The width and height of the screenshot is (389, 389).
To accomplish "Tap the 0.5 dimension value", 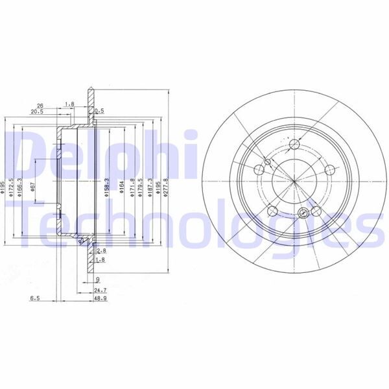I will click(99, 112).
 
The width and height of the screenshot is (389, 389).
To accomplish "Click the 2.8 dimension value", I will click(100, 250).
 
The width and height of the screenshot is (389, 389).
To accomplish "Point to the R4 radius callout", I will click(81, 242).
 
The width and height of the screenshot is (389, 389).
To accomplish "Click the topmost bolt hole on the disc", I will click(295, 145).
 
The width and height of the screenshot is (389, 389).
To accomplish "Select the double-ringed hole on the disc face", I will click(315, 210).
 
